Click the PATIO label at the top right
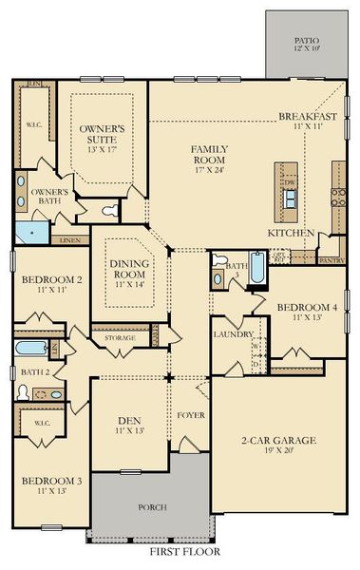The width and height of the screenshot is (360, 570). (x=306, y=41)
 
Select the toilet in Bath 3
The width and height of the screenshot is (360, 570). (x=218, y=262)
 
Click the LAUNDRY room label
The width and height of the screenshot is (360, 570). (x=234, y=334)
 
